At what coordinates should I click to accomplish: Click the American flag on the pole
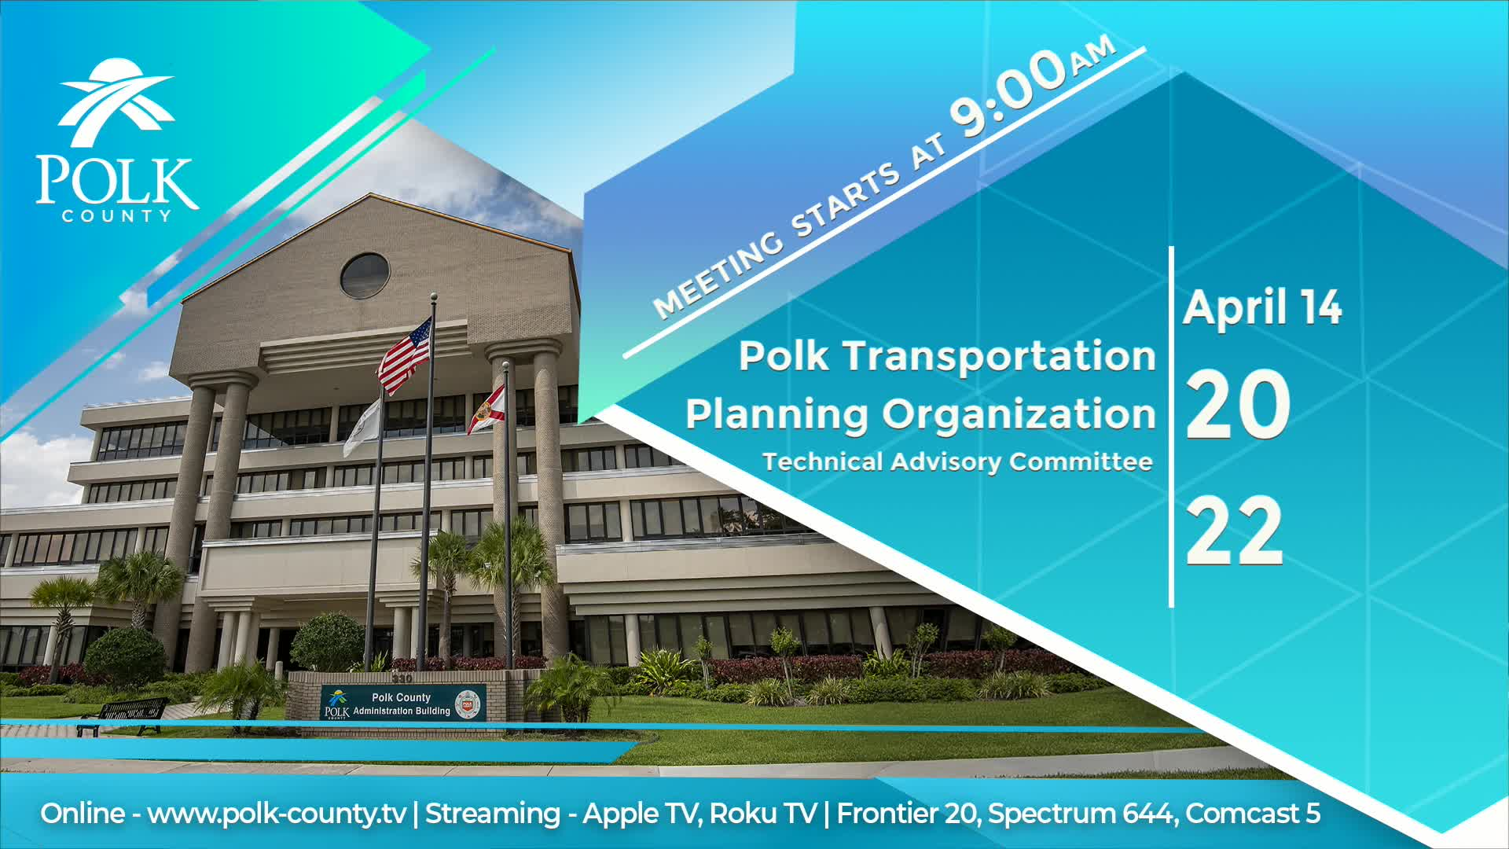406,356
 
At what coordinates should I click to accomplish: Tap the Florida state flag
486,410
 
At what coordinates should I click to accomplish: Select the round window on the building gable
365,275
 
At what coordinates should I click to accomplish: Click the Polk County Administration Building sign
402,704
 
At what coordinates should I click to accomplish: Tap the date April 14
1262,307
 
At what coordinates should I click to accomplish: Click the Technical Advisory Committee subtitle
957,461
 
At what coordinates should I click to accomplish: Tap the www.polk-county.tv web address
277,814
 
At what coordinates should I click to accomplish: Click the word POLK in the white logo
116,182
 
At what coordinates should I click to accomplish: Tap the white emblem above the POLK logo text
117,102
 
